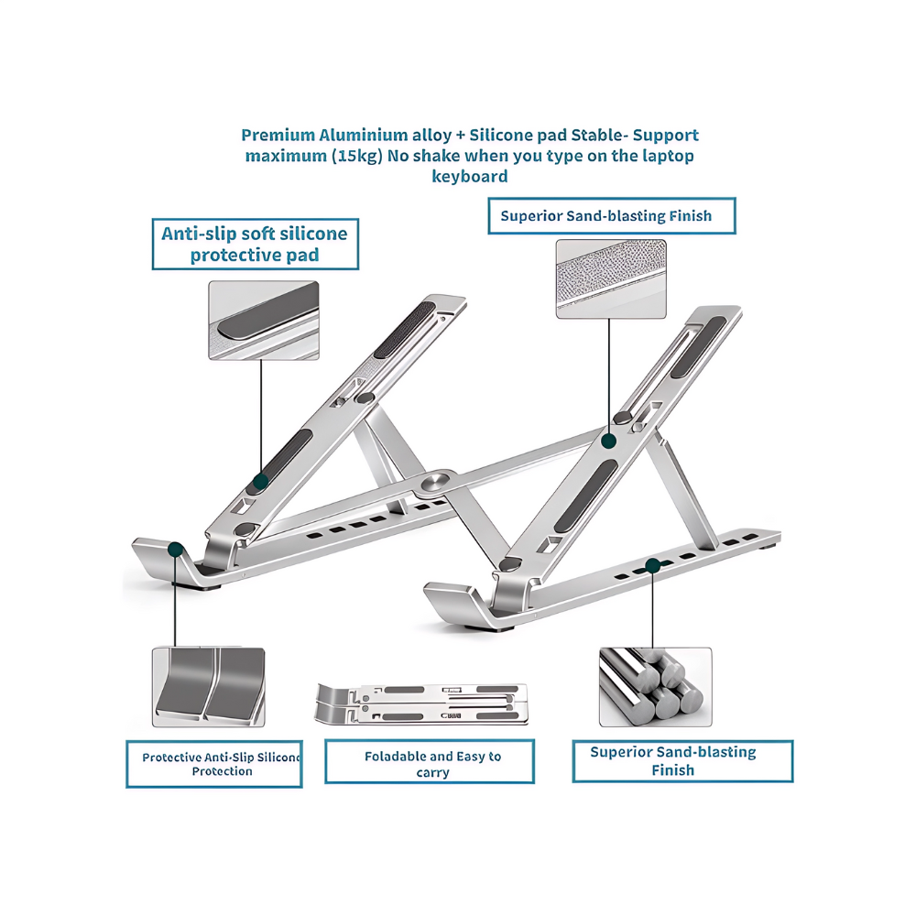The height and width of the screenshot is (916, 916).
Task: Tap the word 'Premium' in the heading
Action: (278, 136)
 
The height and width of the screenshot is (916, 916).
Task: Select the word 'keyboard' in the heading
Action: (470, 177)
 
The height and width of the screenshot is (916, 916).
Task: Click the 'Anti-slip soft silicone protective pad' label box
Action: (256, 245)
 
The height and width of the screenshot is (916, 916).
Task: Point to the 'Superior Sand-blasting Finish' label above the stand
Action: (612, 216)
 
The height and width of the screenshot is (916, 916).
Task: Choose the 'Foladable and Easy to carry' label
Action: (430, 761)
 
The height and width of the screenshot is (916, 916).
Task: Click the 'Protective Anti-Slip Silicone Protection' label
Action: (213, 764)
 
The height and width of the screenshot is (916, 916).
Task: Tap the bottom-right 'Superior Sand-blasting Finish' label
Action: (682, 760)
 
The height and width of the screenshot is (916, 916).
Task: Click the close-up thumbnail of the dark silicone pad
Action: (264, 320)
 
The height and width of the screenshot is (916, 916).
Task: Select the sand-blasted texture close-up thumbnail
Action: (611, 278)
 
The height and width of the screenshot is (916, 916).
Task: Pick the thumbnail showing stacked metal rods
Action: (656, 687)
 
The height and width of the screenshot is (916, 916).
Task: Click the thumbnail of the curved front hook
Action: (209, 687)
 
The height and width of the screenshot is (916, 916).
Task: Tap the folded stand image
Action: (421, 703)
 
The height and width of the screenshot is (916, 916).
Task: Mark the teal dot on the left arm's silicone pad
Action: (260, 482)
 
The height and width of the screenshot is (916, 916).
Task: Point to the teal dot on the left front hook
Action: (175, 550)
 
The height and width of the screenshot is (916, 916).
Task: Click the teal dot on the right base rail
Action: (652, 565)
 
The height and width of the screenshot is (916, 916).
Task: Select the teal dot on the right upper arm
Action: (609, 441)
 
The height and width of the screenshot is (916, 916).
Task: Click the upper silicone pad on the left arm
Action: (404, 330)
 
